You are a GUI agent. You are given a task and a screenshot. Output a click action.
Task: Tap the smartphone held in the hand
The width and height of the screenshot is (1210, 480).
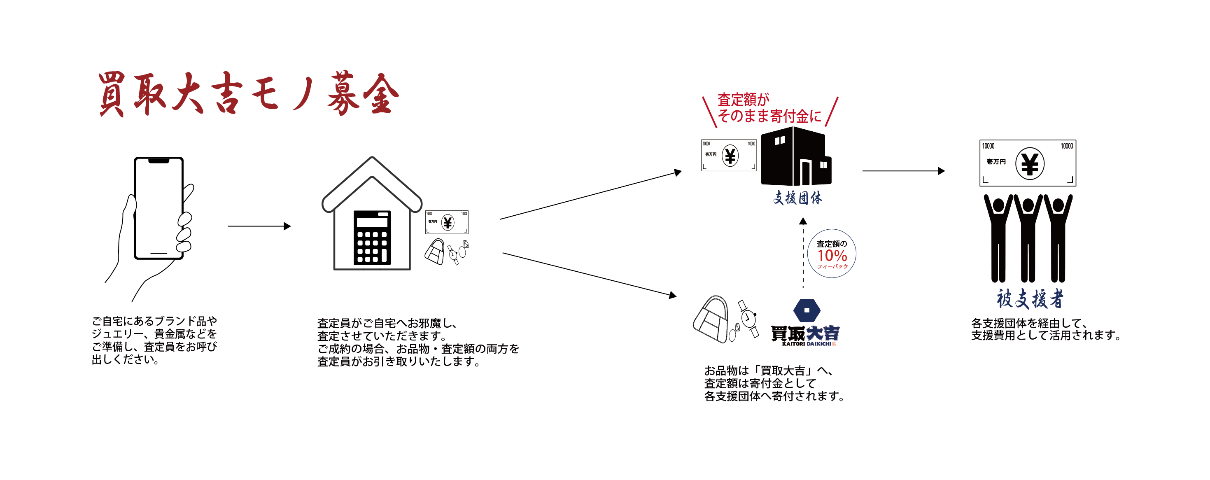point(159,207)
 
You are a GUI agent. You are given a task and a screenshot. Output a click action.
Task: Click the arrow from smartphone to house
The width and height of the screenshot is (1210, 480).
point(259,226)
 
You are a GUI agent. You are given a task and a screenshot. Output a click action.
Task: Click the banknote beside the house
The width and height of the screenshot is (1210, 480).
point(446,222)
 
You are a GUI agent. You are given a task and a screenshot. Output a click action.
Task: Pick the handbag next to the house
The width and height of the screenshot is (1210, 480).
point(435,252)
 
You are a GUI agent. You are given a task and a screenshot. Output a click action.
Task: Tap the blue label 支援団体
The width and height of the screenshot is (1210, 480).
point(797,198)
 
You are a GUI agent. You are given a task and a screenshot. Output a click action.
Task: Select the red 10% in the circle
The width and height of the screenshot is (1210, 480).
point(832,256)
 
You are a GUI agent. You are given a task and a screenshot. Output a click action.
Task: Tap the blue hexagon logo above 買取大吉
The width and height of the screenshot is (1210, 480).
point(807,310)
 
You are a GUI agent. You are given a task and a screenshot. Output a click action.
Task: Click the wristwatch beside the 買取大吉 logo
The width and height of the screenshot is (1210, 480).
point(748,319)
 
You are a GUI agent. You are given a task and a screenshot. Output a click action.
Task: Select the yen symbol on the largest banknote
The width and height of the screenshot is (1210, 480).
point(1030,164)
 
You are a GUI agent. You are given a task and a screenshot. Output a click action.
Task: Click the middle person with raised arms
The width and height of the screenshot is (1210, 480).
point(1028,237)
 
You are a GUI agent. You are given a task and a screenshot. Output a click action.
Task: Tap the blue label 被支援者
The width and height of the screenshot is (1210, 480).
point(1030,299)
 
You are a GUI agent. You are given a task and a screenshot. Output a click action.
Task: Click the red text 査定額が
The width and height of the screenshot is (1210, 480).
point(743,100)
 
